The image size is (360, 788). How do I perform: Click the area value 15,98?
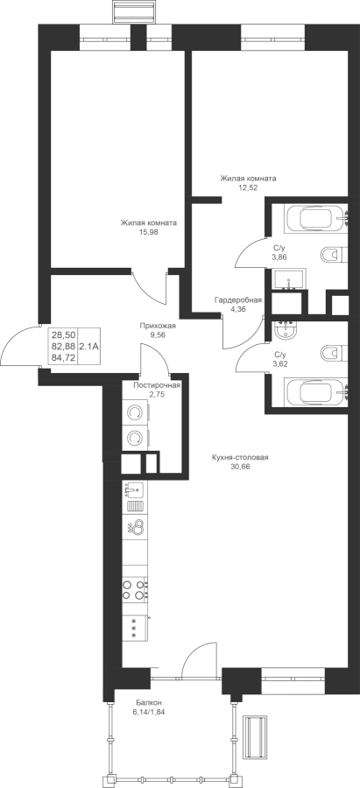[x=148, y=232]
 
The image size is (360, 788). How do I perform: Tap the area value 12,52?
[x=248, y=187]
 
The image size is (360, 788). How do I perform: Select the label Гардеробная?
[x=238, y=300]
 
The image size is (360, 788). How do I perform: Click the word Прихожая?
[x=158, y=325]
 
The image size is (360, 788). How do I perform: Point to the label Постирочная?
[x=157, y=385]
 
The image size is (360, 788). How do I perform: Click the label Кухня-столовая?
[x=240, y=457]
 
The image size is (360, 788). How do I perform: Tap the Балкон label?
[x=148, y=702]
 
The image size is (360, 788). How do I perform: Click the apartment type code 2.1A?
[x=88, y=346]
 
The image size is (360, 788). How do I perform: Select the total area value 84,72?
[x=63, y=357]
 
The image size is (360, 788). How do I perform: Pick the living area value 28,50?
[x=63, y=334]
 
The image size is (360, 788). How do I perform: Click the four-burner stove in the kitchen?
[x=136, y=589]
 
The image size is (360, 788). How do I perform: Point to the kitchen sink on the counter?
[x=133, y=489]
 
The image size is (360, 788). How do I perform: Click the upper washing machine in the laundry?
[x=136, y=413]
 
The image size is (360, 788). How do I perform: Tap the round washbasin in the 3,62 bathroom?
[x=286, y=331]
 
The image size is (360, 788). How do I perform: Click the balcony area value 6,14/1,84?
[x=148, y=712]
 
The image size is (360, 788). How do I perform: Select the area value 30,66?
[x=240, y=467]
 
